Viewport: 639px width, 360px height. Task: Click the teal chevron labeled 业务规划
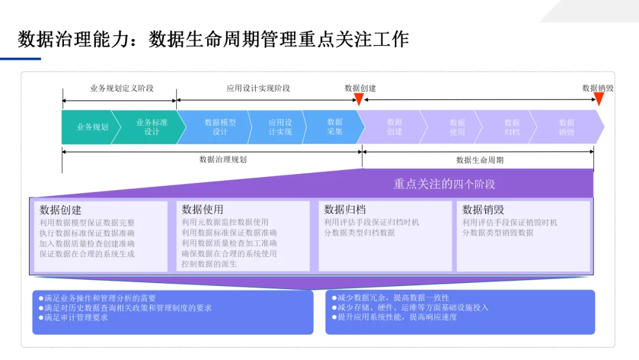[x=92, y=127]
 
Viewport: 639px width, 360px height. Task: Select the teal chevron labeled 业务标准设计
[x=151, y=127]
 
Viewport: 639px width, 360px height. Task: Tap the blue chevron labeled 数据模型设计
[x=220, y=127]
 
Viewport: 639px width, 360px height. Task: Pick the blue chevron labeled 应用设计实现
[x=280, y=127]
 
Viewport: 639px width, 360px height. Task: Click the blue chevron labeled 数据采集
[x=335, y=127]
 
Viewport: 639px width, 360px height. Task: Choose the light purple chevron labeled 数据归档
[x=512, y=127]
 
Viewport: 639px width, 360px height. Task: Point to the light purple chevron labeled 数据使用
[x=457, y=127]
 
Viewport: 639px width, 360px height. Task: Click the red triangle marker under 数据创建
[x=359, y=99]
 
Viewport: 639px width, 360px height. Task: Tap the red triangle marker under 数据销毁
[x=599, y=99]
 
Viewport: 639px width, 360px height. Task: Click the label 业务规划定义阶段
[x=122, y=88]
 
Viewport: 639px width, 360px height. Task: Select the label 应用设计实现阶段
[x=259, y=88]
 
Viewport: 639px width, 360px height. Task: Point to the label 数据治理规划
[x=223, y=159]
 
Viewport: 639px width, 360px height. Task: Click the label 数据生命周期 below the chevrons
[x=480, y=160]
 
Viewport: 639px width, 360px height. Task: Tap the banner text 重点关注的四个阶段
[x=444, y=184]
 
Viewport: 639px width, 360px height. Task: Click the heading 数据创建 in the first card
[x=60, y=210]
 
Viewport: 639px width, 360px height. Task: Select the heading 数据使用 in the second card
[x=202, y=210]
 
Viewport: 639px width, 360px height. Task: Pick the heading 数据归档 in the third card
[x=345, y=210]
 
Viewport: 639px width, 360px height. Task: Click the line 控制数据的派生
[x=209, y=264]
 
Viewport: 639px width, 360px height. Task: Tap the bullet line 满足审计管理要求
[x=76, y=317]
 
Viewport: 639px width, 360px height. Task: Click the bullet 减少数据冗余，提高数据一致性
[x=393, y=298]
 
